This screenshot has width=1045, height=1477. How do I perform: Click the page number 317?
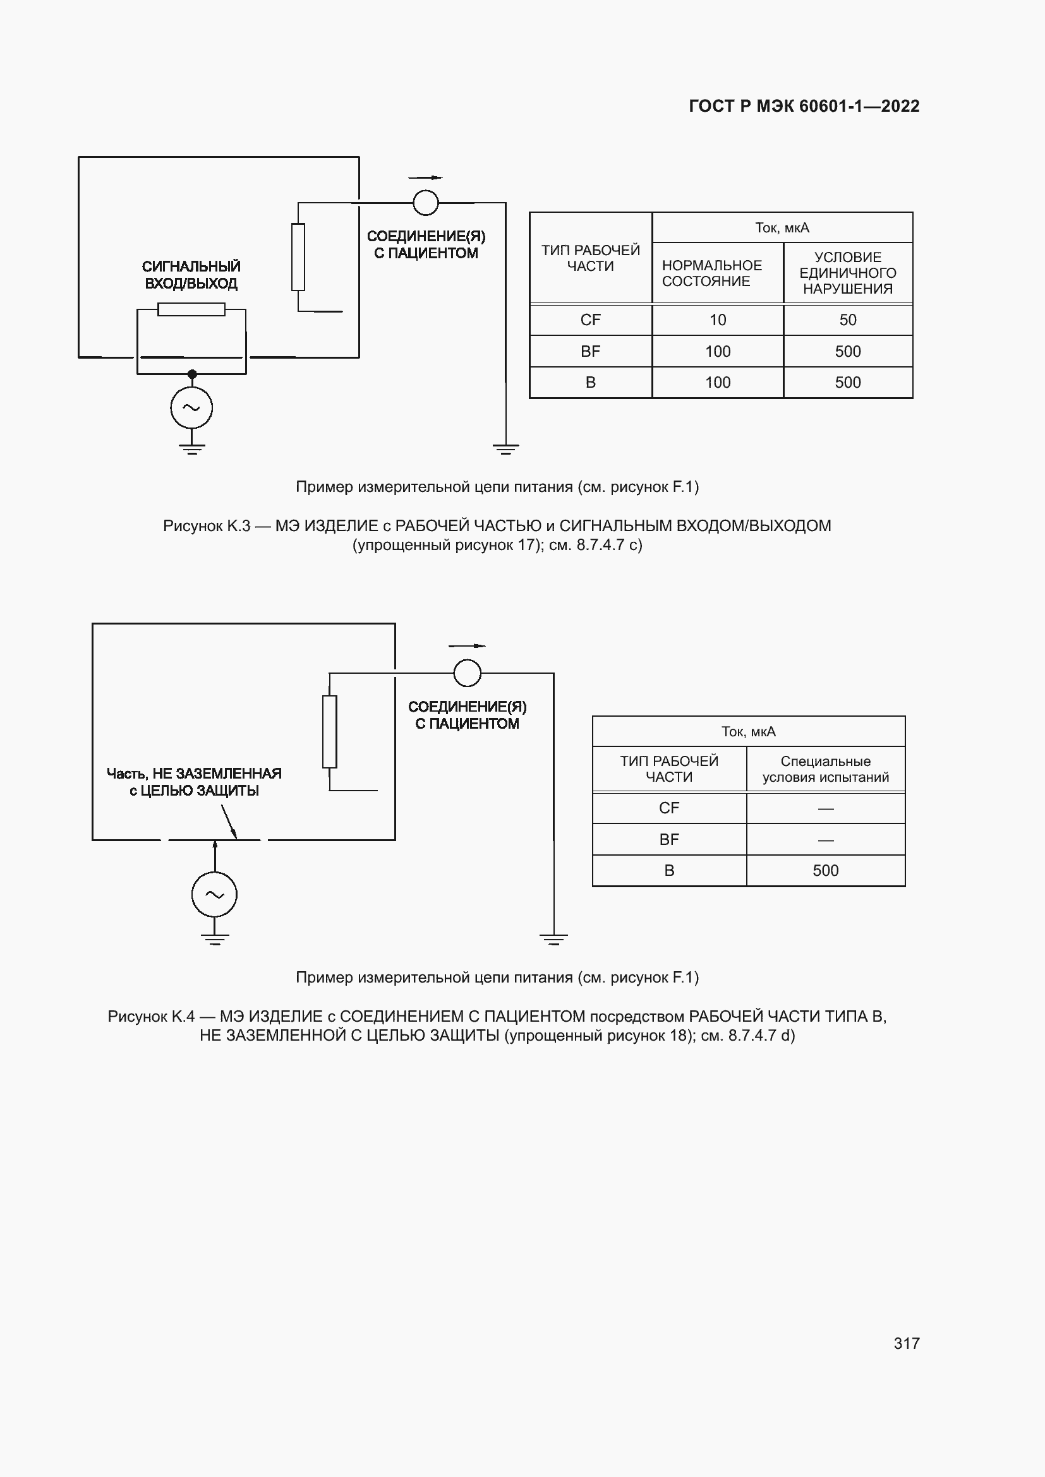coord(906,1342)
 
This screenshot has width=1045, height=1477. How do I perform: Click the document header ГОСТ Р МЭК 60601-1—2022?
coord(804,106)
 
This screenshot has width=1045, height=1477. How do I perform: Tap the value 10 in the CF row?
coord(717,320)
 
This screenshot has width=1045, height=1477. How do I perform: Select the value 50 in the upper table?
coord(847,320)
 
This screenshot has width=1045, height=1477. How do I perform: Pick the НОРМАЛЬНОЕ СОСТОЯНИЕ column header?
coord(711,273)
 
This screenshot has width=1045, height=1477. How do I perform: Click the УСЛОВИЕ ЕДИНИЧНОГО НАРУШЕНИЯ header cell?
coord(847,273)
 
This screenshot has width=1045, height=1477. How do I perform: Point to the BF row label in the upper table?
coord(590,351)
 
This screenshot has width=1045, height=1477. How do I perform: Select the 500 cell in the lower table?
coord(825,870)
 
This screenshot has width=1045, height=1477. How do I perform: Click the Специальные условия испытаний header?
coord(825,768)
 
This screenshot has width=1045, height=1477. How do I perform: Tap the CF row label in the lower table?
coord(668,808)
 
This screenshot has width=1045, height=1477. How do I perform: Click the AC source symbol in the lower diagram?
coord(214,894)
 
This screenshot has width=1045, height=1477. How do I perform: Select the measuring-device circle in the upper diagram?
coord(425,203)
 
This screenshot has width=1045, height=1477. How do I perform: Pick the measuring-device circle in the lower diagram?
coord(467,673)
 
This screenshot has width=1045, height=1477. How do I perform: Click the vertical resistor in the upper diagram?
coord(298,256)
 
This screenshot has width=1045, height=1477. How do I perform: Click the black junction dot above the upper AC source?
coord(192,374)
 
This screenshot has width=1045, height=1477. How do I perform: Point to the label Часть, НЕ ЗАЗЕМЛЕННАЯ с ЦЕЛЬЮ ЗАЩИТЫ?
coord(194,782)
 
